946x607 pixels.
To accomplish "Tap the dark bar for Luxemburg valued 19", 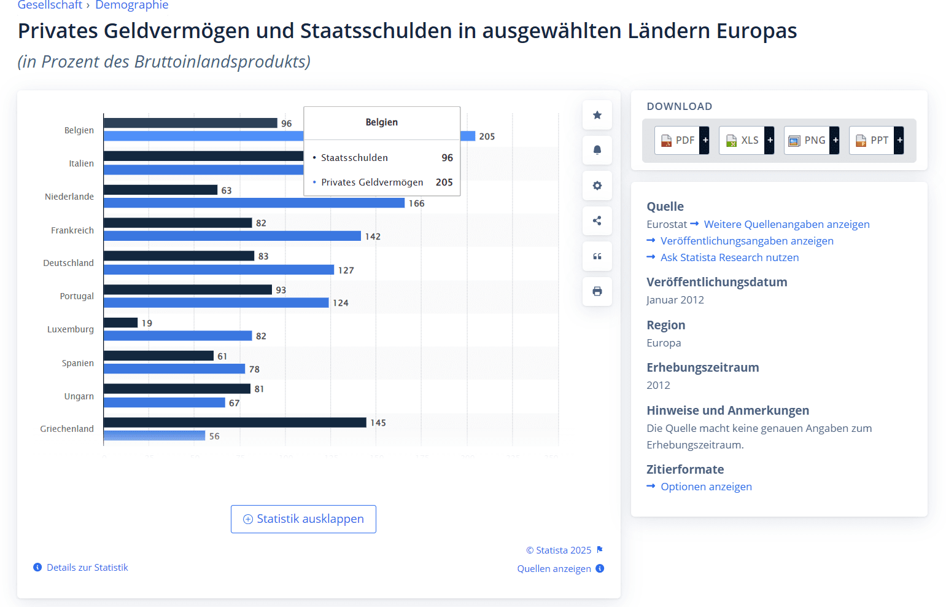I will [x=120, y=323].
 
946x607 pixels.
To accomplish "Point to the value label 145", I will [x=378, y=423].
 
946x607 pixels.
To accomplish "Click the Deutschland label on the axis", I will [x=68, y=263].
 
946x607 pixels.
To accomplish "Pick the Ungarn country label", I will [x=79, y=396].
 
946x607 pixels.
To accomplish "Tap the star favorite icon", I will [x=597, y=115].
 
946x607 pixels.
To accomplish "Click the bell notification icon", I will [x=597, y=150].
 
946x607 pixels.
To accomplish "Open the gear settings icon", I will [x=597, y=186].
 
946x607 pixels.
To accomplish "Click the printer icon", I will [x=597, y=291].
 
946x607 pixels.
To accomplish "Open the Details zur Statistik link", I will [x=87, y=568].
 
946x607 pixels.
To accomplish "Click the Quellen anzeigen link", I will [x=554, y=569].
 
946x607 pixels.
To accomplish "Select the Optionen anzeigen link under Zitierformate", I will [x=706, y=487].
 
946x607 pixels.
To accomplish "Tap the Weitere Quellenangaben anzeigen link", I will [x=786, y=224].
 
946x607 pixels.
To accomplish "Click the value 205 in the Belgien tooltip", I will [x=444, y=182].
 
